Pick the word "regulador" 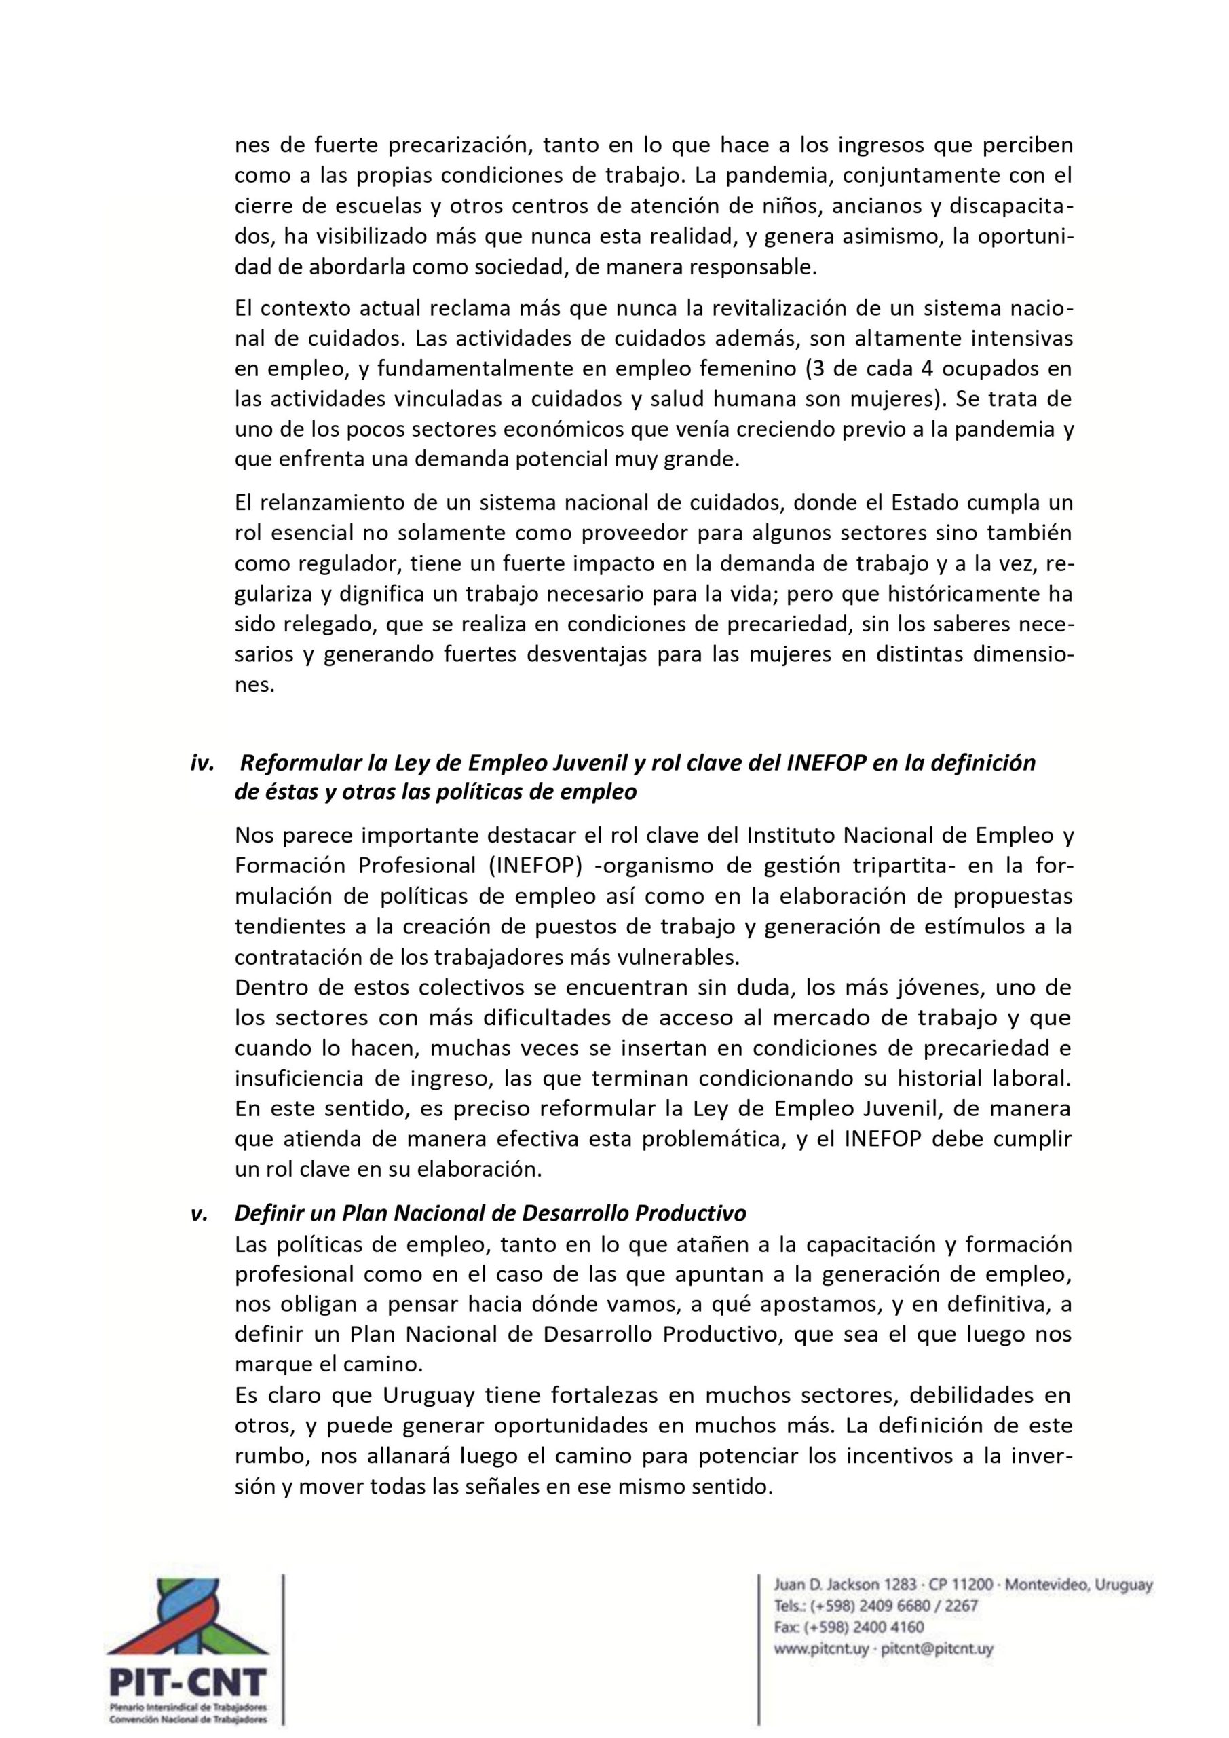click(x=335, y=564)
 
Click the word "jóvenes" click(x=932, y=988)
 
